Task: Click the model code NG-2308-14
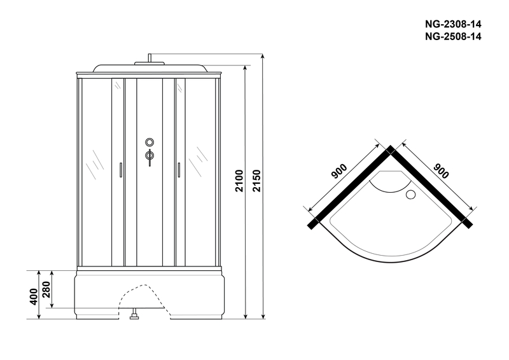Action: (x=453, y=24)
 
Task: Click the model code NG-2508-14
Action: (x=453, y=36)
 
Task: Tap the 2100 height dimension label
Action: (x=239, y=181)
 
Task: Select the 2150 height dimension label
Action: (x=257, y=181)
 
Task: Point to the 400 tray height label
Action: (x=34, y=296)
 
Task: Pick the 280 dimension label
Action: (x=46, y=289)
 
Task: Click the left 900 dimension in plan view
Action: (x=339, y=171)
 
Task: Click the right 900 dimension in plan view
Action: (x=441, y=171)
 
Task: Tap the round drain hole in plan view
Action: (x=410, y=195)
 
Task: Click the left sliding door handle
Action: (x=121, y=170)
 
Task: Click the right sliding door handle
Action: (x=179, y=170)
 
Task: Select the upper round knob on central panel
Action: (x=150, y=142)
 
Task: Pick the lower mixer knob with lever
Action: (x=150, y=156)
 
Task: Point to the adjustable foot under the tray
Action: (x=134, y=314)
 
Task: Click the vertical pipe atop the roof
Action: (x=150, y=58)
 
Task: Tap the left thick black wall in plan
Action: (x=351, y=187)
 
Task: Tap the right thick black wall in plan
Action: (x=430, y=187)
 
